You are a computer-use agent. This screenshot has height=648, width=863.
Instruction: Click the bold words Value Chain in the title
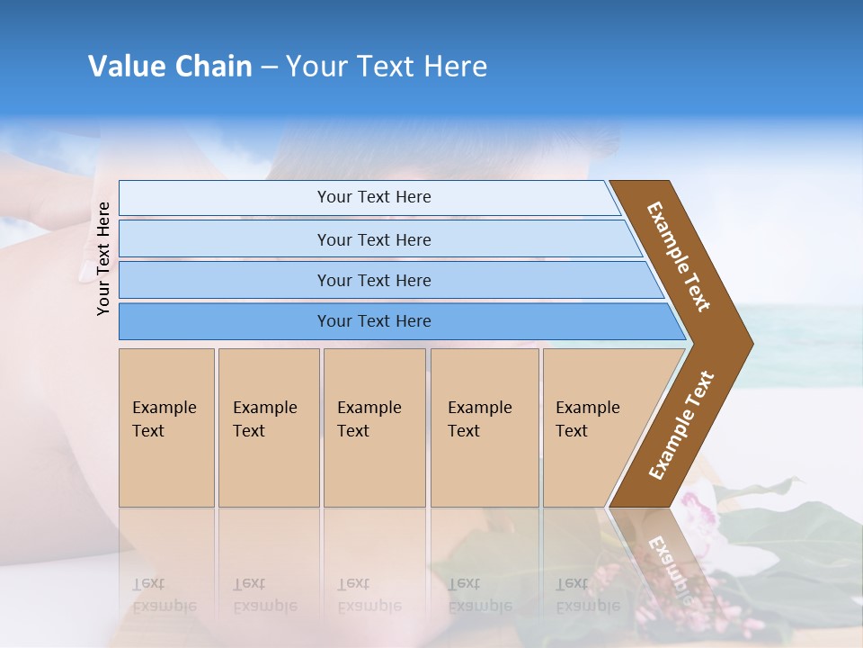pyautogui.click(x=170, y=67)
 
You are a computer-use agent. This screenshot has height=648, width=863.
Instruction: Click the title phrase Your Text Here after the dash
pyautogui.click(x=387, y=67)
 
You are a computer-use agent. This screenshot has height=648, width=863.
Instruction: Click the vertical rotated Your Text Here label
pyautogui.click(x=103, y=258)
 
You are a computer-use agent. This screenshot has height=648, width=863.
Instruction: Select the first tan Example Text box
pyautogui.click(x=166, y=427)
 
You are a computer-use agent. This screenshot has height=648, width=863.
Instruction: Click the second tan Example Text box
pyautogui.click(x=269, y=427)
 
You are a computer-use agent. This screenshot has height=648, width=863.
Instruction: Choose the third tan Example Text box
pyautogui.click(x=374, y=427)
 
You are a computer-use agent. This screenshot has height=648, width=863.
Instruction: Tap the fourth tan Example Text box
pyautogui.click(x=485, y=427)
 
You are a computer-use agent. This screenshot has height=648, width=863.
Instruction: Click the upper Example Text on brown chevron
pyautogui.click(x=679, y=256)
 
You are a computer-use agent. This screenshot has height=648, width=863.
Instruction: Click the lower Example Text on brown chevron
pyautogui.click(x=681, y=426)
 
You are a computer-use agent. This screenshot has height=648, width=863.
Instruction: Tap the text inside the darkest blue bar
pyautogui.click(x=374, y=321)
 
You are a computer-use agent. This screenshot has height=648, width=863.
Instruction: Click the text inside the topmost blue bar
pyautogui.click(x=374, y=197)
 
